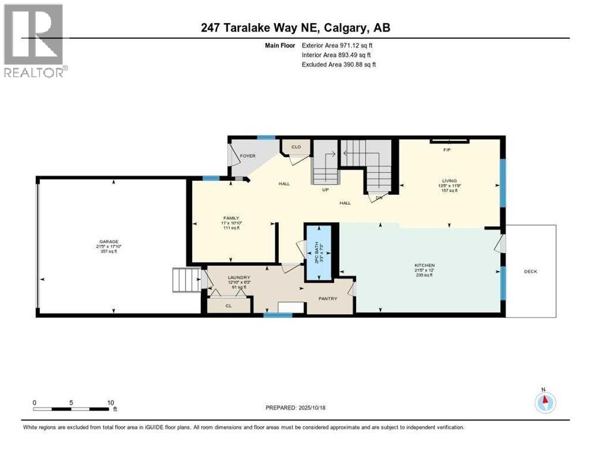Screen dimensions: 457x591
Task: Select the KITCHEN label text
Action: pyautogui.click(x=425, y=265)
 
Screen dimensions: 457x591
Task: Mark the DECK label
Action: pyautogui.click(x=530, y=271)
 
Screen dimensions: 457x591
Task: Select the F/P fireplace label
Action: pyautogui.click(x=447, y=151)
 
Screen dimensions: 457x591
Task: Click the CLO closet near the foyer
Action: pyautogui.click(x=295, y=146)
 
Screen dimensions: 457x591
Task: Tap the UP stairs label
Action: pyautogui.click(x=325, y=190)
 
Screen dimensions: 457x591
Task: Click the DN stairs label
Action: pyautogui.click(x=380, y=198)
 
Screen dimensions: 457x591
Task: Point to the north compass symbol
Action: pyautogui.click(x=545, y=402)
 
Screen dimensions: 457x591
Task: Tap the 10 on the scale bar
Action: pyautogui.click(x=111, y=402)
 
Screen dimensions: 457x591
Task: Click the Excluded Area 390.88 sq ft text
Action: pyautogui.click(x=339, y=64)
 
